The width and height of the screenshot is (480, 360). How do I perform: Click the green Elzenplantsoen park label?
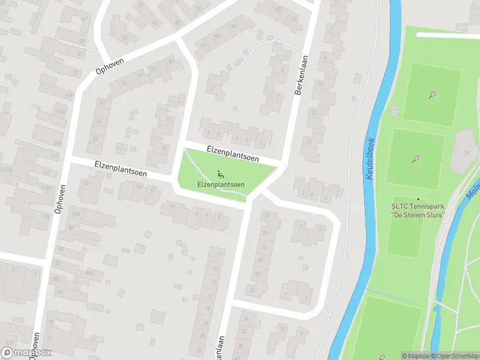221,184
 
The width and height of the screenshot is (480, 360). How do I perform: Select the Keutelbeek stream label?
368,160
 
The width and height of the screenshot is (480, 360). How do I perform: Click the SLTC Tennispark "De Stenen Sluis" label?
418,211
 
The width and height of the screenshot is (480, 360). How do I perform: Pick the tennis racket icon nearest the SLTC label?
415,160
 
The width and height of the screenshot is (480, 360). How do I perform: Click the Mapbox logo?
26,353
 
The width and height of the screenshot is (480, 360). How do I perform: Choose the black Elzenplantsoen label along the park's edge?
232,153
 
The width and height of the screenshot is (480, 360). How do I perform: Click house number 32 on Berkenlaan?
251,290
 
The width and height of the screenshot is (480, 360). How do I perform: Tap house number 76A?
76,214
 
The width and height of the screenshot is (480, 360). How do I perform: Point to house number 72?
85,182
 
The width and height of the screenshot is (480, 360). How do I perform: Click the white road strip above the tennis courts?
446,35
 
